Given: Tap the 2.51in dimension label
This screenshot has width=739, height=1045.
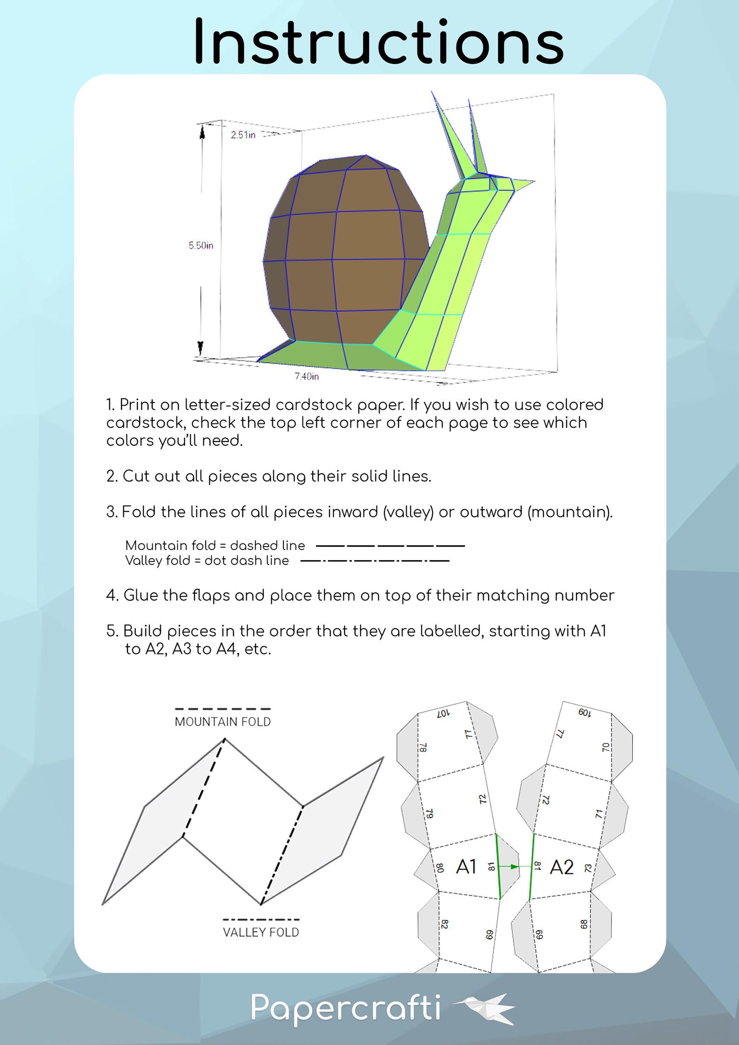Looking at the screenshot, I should point(243,135).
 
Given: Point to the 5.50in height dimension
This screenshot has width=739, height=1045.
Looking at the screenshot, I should point(201,245).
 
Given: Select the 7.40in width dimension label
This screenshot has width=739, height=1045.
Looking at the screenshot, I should point(306,376).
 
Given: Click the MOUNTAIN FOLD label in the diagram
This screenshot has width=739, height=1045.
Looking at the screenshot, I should point(222,722).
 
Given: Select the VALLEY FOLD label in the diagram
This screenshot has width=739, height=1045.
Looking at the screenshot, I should point(261,932).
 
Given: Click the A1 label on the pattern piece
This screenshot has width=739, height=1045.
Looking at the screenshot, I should point(466,867).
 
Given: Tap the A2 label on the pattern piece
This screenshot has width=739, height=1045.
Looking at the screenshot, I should point(561,867).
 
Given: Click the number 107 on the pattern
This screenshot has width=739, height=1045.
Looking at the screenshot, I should point(443,713).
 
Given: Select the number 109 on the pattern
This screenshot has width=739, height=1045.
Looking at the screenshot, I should point(584,712).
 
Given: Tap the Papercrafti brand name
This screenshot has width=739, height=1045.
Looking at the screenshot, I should point(345,1008).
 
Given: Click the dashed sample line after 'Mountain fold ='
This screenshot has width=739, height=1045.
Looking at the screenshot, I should point(390,545).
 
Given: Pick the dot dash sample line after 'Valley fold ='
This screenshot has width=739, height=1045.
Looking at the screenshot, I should point(375,561).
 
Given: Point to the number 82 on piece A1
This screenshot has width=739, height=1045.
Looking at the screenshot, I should point(444,924).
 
